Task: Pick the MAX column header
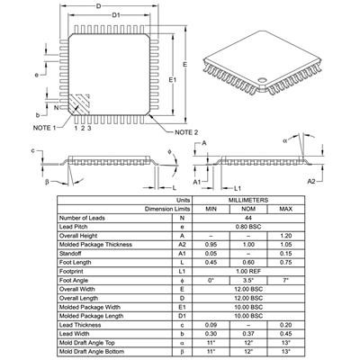point(286,209)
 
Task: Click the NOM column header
point(248,209)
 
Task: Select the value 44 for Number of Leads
point(248,218)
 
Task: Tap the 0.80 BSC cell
point(248,226)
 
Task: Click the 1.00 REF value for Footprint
point(248,271)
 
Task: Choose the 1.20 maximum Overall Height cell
point(286,235)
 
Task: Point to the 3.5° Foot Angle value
point(248,280)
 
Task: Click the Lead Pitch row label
point(77,226)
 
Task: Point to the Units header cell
point(184,200)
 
